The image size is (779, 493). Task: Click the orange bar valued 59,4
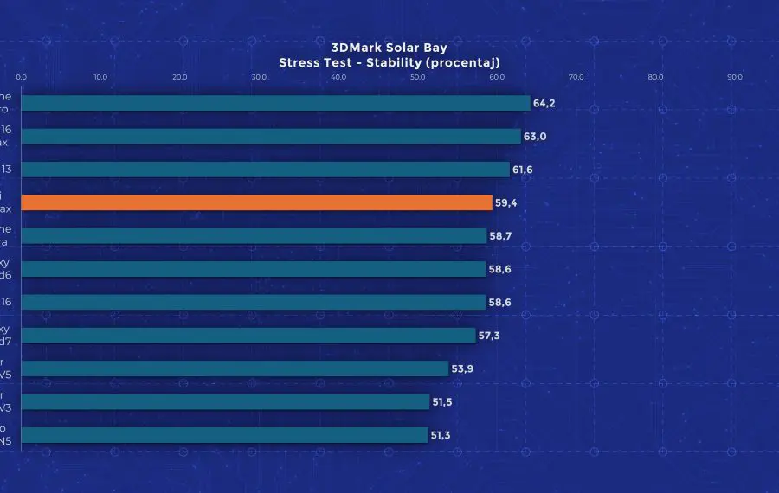point(256,202)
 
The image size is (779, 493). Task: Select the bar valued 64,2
point(275,103)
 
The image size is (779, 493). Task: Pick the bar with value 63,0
point(270,136)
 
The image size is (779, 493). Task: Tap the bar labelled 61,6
point(265,170)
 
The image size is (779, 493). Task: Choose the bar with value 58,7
point(254,236)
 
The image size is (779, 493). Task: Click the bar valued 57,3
point(248,336)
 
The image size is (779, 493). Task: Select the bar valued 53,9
point(235,368)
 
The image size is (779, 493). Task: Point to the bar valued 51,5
point(225,402)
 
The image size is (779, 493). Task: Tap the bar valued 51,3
point(224,435)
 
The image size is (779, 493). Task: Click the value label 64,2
point(544,103)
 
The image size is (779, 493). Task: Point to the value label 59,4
point(506,203)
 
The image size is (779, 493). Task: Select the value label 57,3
point(490,336)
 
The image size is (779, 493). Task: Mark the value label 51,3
point(441,435)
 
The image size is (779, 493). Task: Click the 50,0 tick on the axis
point(418,77)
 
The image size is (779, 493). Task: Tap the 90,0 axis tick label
point(735,77)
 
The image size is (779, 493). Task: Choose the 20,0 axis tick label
point(180,77)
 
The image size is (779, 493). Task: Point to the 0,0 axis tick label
point(22,77)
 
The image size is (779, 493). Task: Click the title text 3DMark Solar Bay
point(389,48)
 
